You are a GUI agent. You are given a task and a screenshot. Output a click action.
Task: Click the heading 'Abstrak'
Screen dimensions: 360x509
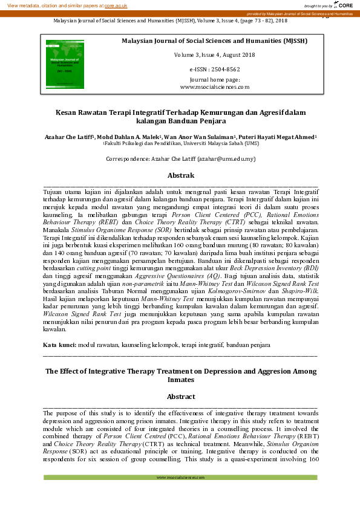[180, 175]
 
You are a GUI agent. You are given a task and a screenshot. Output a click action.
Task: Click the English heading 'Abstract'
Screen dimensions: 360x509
[180, 397]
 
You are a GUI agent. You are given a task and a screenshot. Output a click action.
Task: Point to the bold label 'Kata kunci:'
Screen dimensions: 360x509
[59, 344]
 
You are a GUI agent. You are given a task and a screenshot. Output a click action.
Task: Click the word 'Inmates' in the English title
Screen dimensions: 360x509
[180, 380]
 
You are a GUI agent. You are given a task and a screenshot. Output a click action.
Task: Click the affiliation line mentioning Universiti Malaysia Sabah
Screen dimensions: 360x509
[180, 144]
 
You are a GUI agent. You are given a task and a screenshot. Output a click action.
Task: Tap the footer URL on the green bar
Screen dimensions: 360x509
[180, 478]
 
